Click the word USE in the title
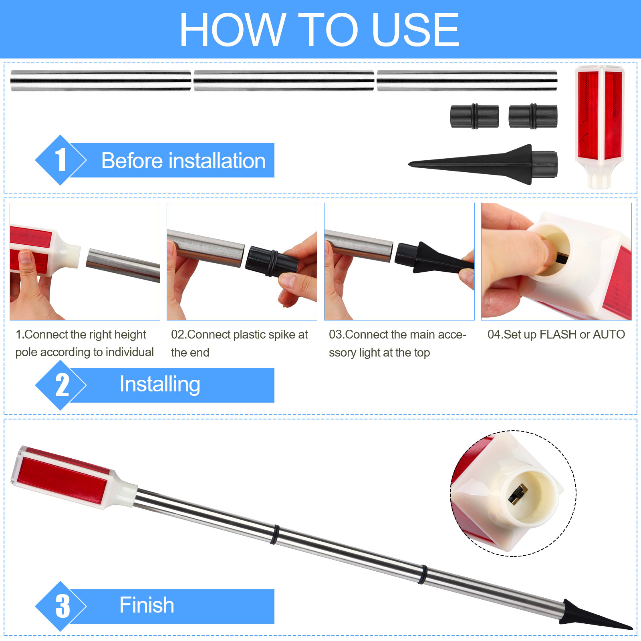(x=415, y=30)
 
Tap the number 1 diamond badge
(x=60, y=160)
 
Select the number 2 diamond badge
(x=60, y=385)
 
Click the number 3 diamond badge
(x=60, y=606)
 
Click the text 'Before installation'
(x=183, y=161)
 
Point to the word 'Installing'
(x=160, y=385)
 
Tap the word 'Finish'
(x=147, y=605)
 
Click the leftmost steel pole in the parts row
(x=101, y=81)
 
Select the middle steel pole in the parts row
(x=284, y=81)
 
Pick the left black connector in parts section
(x=474, y=117)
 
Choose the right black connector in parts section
(x=533, y=117)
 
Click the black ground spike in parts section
(x=483, y=164)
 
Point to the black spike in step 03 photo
(x=435, y=258)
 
